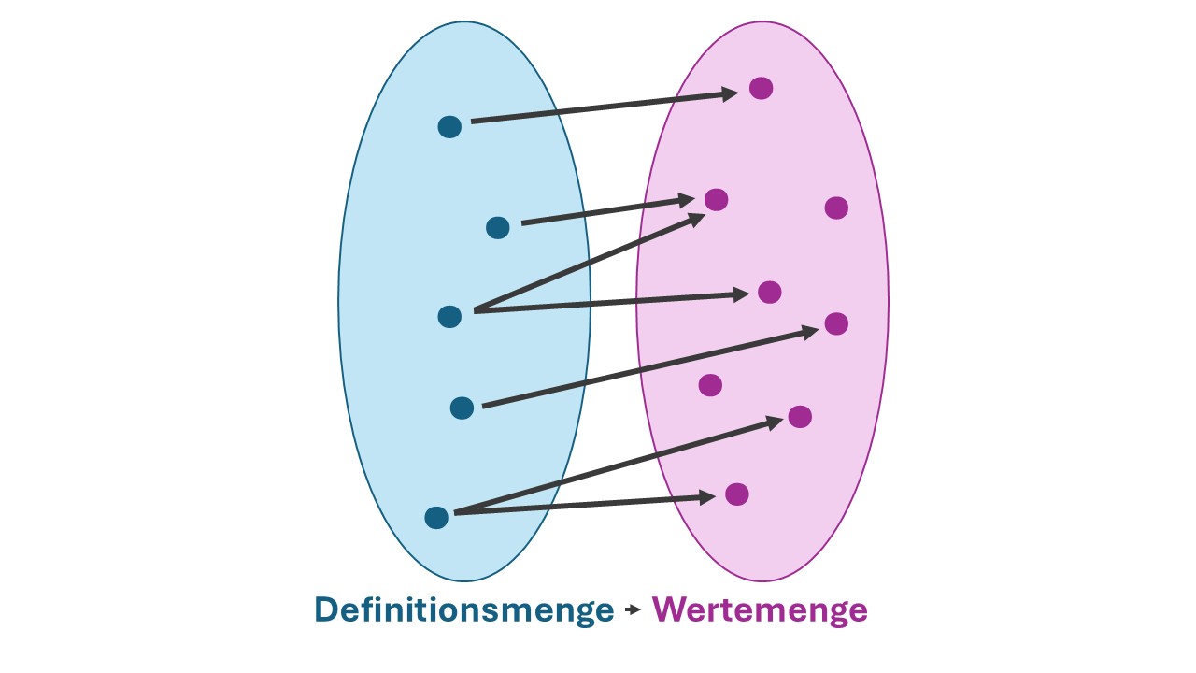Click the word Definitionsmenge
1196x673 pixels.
point(463,610)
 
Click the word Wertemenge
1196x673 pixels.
point(760,610)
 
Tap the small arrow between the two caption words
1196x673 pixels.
point(633,610)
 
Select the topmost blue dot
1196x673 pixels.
point(449,127)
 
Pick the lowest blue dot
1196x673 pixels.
point(436,517)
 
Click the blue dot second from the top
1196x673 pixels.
point(498,227)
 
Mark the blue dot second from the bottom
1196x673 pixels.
point(462,408)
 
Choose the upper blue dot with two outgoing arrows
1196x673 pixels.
point(449,316)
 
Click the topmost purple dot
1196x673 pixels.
point(761,88)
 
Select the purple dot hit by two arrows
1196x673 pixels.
point(716,199)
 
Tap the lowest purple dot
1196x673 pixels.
point(737,494)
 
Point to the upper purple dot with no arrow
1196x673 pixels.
point(836,208)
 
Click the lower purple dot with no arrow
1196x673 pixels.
point(710,385)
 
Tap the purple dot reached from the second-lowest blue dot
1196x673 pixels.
point(836,323)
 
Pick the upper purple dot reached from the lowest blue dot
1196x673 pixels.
point(799,416)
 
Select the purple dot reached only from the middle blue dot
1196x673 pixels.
point(769,292)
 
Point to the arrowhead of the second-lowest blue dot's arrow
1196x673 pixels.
point(807,330)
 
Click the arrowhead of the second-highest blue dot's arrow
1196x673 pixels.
point(686,200)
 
